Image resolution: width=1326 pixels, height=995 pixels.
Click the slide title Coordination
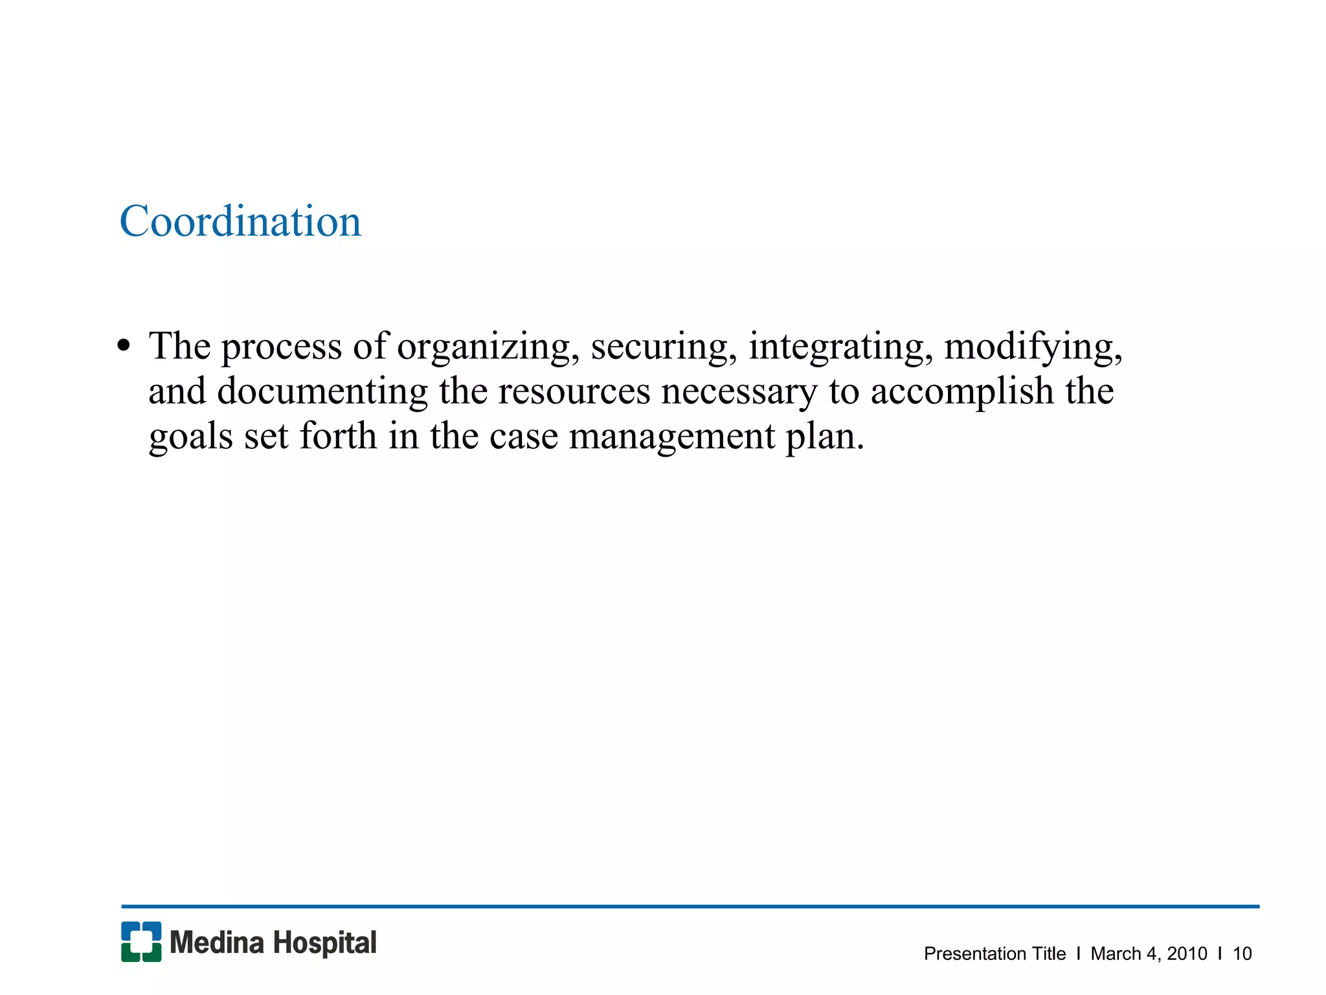point(240,222)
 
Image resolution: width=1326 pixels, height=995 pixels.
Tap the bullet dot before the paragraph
point(124,346)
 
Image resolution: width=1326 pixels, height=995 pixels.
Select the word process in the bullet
point(281,347)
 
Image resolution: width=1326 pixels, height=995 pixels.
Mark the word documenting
point(322,391)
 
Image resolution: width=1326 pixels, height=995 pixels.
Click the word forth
point(337,435)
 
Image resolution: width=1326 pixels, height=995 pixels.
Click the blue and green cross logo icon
point(141,941)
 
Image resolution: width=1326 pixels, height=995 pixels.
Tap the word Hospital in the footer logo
point(324,943)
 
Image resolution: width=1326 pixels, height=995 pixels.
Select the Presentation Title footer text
point(994,954)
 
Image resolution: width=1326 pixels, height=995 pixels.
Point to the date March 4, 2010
point(1149,954)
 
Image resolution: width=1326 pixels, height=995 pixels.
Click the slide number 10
point(1242,954)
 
